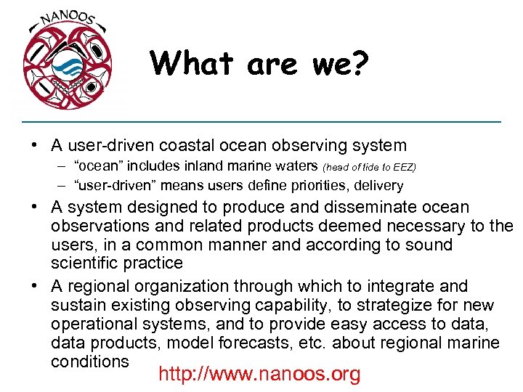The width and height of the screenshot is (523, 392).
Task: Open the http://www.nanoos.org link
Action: [x=259, y=374]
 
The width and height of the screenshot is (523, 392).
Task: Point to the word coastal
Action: [x=201, y=146]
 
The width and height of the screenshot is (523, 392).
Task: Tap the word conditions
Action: [x=90, y=361]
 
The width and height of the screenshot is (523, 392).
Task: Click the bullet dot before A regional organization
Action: [x=36, y=286]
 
